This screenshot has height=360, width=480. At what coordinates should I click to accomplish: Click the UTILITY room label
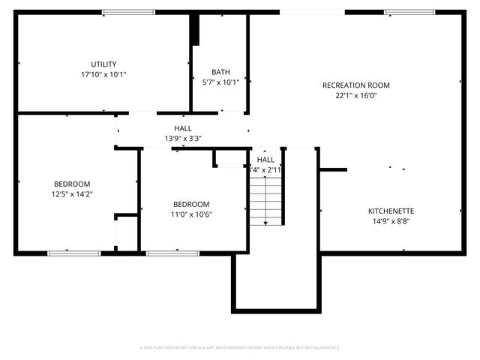point(103,64)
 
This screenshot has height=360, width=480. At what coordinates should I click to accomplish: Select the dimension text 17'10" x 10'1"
point(103,75)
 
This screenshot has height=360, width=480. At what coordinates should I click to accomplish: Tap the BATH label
point(220,73)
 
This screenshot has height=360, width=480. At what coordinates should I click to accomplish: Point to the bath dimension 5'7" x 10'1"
point(220,82)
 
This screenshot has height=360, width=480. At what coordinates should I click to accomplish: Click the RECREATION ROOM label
point(355,85)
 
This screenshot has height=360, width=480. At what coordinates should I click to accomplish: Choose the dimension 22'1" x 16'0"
point(355,95)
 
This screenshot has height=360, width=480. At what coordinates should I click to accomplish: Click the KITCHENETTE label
point(391,211)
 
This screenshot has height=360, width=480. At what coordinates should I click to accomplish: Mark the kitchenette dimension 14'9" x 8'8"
point(391,221)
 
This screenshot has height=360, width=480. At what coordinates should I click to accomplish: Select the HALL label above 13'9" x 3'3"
point(183,128)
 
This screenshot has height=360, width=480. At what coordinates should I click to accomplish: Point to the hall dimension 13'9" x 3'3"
point(183,139)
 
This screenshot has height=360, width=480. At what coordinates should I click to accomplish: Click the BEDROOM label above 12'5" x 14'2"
point(72,184)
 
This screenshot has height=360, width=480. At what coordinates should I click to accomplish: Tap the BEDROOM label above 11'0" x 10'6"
point(191,204)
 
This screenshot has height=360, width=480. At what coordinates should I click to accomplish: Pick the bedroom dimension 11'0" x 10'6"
point(191,214)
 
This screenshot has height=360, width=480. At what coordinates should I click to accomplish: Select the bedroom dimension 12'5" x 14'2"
point(72,194)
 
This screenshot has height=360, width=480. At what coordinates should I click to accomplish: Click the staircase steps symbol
point(266,198)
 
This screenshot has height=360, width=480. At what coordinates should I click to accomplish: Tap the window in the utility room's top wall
point(128,12)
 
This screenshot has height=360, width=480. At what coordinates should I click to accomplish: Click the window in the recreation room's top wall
point(409,12)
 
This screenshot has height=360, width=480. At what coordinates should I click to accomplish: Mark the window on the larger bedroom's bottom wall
point(74,253)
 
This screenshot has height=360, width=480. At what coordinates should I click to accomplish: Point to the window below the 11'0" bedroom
point(172,253)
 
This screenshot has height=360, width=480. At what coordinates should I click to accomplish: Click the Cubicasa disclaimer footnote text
point(240,348)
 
